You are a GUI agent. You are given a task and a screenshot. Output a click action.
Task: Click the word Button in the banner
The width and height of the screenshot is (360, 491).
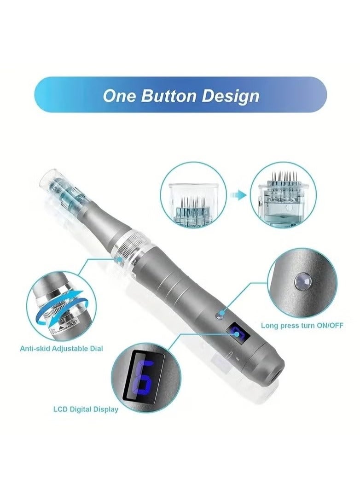(x=169, y=96)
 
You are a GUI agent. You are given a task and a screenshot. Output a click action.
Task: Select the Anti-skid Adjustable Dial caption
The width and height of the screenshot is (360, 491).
(x=61, y=349)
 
